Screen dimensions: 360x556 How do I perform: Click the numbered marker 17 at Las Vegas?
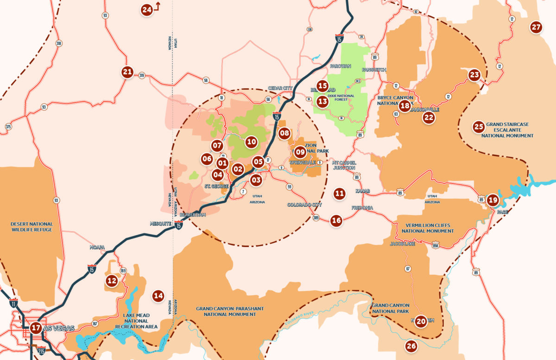(36, 328)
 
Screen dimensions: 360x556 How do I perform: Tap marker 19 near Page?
(493, 201)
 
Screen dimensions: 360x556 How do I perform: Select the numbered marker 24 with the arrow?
(147, 10)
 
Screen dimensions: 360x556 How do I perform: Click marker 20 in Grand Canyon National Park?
(421, 321)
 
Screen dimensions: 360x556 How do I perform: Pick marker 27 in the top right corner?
(536, 27)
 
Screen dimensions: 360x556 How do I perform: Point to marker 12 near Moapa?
(112, 280)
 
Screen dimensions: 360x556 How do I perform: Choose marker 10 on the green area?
(251, 142)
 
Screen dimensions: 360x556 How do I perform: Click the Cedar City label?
(281, 88)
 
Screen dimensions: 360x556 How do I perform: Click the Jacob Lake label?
(402, 243)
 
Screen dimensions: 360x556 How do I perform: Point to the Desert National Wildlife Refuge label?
(32, 227)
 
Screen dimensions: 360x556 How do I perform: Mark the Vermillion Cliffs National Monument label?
(428, 228)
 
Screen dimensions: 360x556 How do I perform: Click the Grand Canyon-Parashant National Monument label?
(226, 311)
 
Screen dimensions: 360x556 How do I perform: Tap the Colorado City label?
(304, 205)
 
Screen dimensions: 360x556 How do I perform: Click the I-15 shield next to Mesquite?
(179, 226)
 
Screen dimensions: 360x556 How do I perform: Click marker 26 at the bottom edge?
(411, 346)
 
